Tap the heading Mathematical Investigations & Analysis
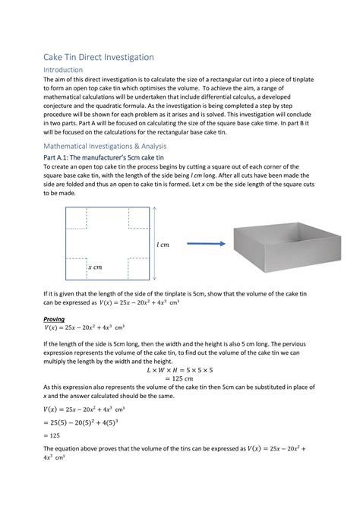click(115, 144)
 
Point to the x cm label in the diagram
click(95, 267)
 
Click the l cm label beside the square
click(163, 245)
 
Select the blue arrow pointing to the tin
click(204, 244)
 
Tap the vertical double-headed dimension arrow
click(153, 244)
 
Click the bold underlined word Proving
click(54, 319)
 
